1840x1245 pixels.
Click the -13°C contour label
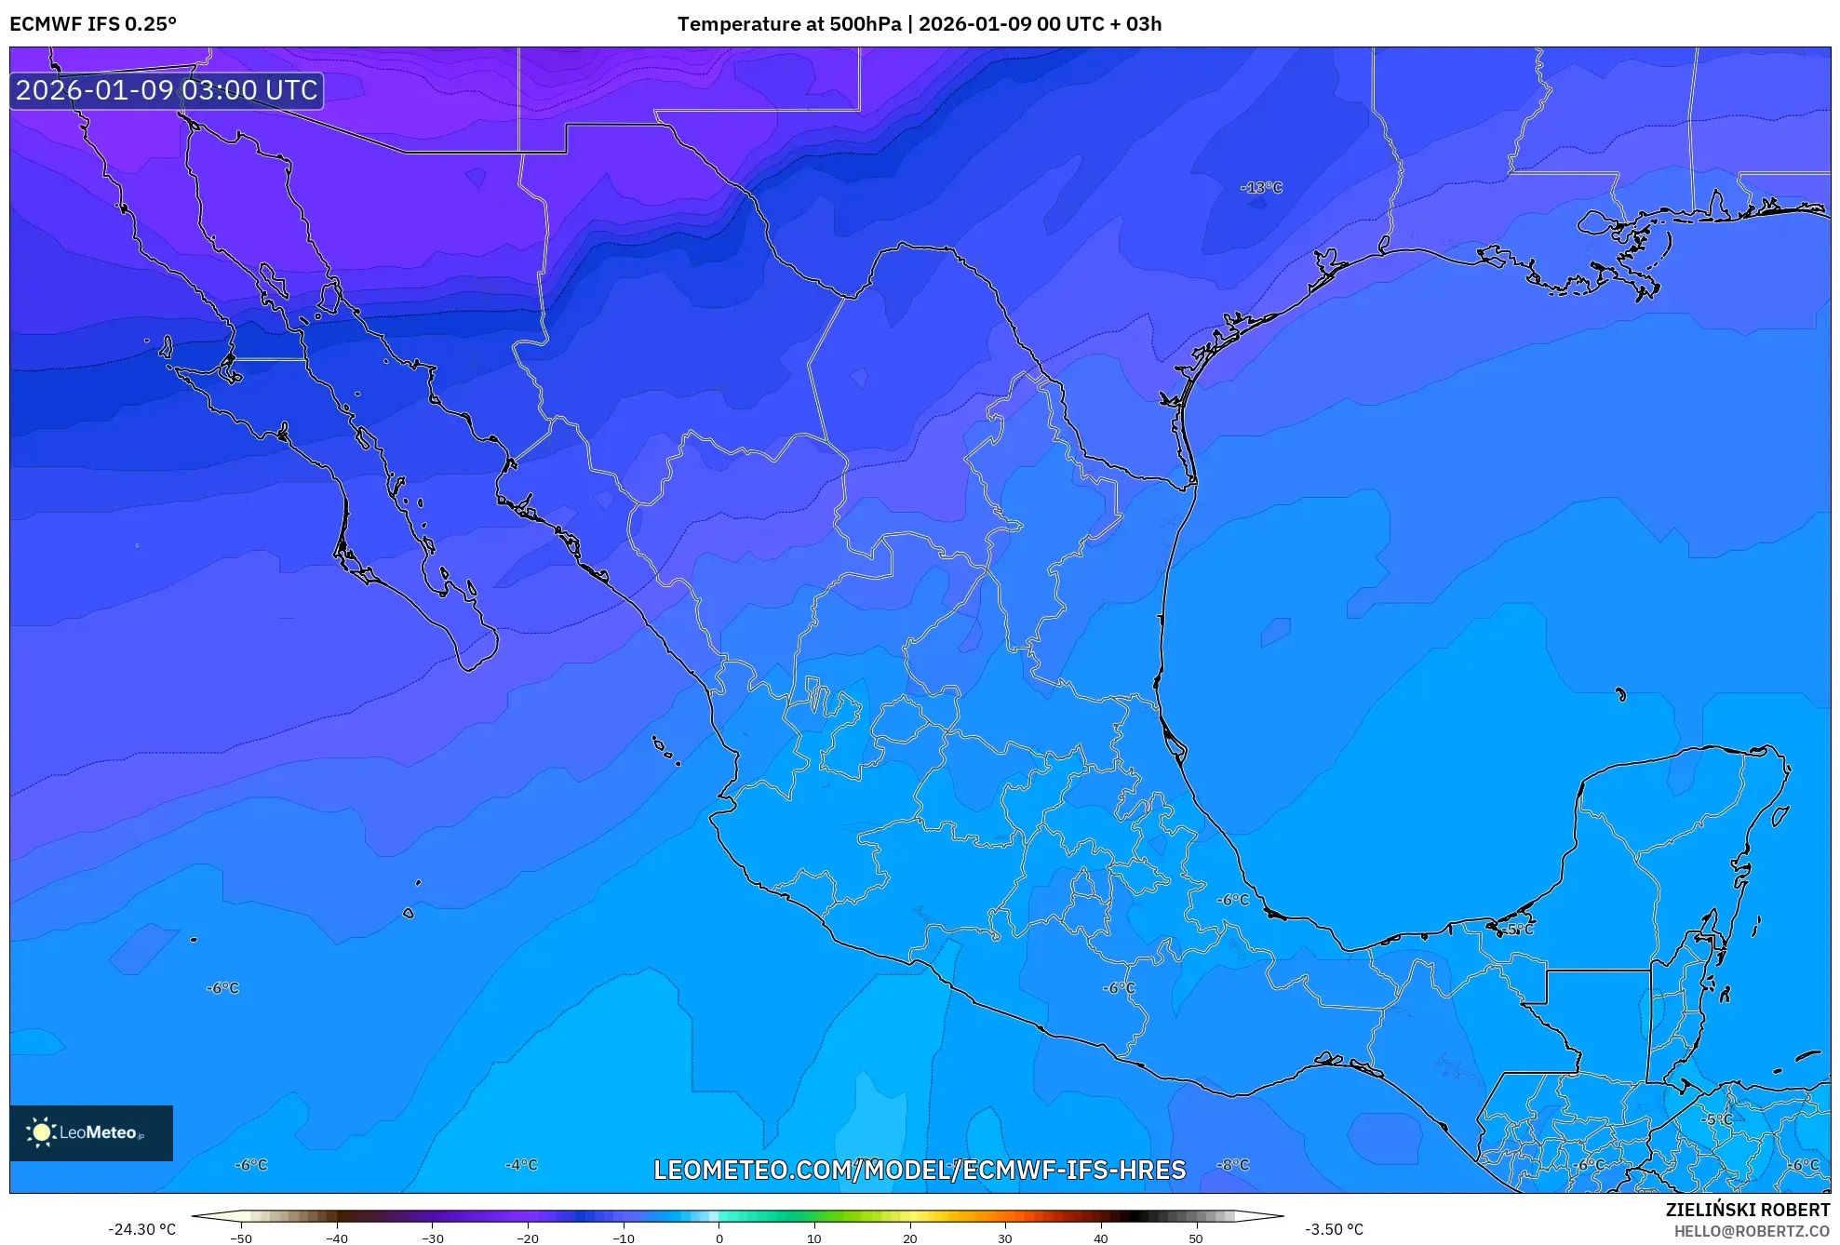pos(1261,188)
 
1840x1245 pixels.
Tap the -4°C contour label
pos(521,1165)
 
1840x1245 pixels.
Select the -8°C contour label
pos(1233,1165)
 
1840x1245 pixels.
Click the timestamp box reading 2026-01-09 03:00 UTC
pos(167,90)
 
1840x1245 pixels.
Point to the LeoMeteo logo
pos(91,1132)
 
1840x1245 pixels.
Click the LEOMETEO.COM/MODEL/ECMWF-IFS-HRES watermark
pos(920,1170)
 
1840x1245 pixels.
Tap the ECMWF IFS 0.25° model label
pos(93,24)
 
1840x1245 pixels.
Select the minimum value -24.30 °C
pos(141,1229)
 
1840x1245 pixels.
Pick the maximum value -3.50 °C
pos(1334,1229)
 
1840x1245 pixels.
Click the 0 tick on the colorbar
pos(719,1238)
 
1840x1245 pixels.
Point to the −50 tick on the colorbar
pos(241,1238)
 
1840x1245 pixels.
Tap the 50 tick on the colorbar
pos(1196,1238)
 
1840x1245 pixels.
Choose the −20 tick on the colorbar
pos(528,1238)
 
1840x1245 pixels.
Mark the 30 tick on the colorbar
pos(1005,1238)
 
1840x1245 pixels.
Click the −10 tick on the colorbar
pos(623,1238)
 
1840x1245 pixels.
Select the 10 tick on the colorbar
pos(814,1238)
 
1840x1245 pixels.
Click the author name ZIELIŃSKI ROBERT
pos(1747,1210)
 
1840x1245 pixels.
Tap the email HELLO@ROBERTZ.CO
pos(1752,1231)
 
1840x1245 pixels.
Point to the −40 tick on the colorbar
pos(337,1238)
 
